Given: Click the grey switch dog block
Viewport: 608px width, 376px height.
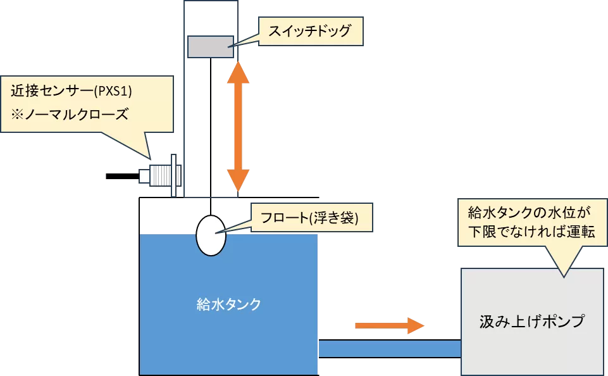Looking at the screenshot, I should click(x=210, y=47).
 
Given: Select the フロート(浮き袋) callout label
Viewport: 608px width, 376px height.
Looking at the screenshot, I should click(x=309, y=218).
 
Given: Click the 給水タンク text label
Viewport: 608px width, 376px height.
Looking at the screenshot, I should click(x=228, y=304).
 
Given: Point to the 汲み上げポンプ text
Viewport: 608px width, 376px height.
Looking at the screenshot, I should click(x=531, y=321).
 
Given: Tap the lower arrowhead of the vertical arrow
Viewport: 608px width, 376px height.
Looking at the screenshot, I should click(x=238, y=180).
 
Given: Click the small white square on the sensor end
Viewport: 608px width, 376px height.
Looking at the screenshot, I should click(x=144, y=175).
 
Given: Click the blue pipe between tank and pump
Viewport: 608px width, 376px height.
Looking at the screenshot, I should click(x=388, y=349).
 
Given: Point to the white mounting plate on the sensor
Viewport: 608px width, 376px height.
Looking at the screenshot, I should click(x=173, y=175).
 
